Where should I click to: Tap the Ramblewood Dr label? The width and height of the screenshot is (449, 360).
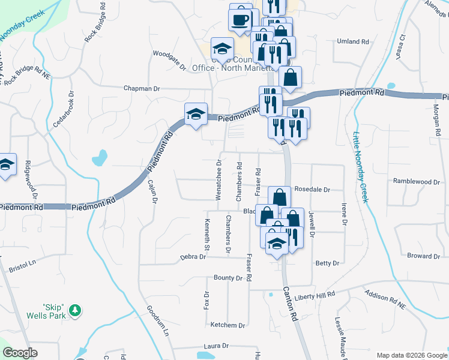(x=417, y=181)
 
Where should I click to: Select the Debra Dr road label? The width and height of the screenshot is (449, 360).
(x=193, y=257)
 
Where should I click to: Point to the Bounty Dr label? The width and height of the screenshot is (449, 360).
(x=228, y=278)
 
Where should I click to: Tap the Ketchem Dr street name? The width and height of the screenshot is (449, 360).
(x=228, y=325)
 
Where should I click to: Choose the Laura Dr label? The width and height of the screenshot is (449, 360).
(x=217, y=346)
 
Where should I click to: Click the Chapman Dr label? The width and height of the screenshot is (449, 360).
(x=142, y=88)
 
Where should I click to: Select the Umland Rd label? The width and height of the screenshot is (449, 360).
(x=353, y=41)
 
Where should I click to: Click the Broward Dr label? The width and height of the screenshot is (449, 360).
(x=424, y=256)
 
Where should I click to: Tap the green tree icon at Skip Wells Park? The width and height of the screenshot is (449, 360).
(x=75, y=310)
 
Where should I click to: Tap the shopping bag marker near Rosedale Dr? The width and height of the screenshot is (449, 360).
(x=280, y=197)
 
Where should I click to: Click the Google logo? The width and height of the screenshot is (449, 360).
(x=20, y=353)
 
